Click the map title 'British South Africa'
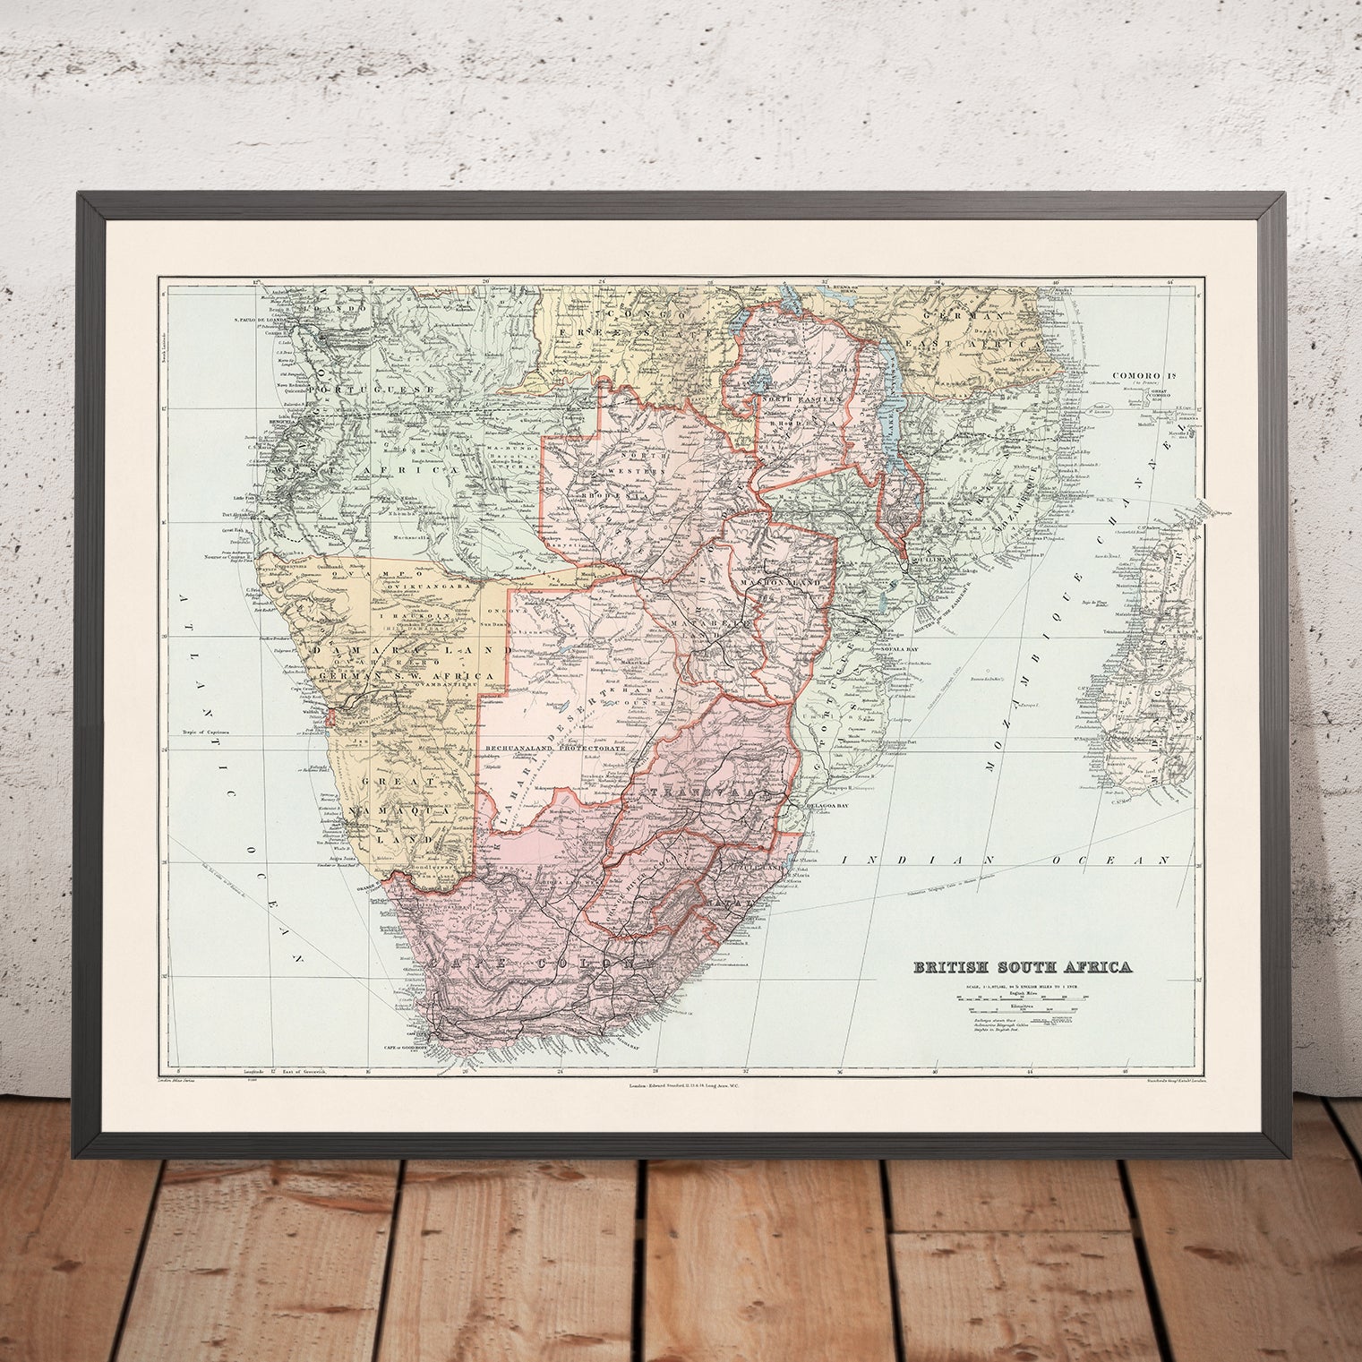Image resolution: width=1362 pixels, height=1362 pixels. pyautogui.click(x=1021, y=967)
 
